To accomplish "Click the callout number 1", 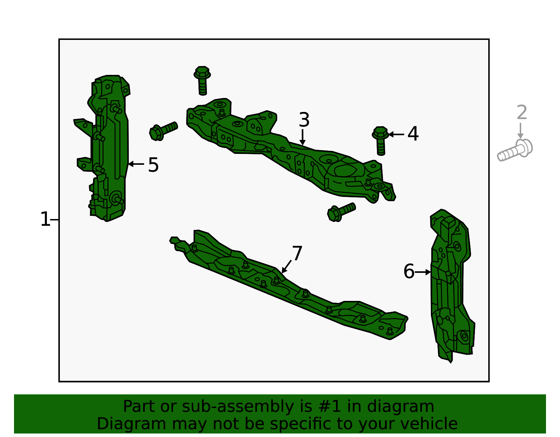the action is tap(45, 219).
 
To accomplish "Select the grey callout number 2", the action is tap(522, 112).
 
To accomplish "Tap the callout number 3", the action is tap(304, 120).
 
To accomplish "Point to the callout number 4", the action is tap(413, 134).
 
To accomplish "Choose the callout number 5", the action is tap(153, 165).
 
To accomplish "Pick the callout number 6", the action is tap(409, 271).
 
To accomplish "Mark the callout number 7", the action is tap(297, 253).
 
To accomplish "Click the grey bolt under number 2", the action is tap(514, 150).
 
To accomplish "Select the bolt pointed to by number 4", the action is tap(380, 141).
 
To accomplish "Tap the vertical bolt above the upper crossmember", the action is tap(202, 80).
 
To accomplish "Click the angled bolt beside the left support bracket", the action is tap(163, 131).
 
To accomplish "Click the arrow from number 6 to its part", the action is tap(423, 272).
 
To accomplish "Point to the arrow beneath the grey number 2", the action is tap(520, 131).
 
